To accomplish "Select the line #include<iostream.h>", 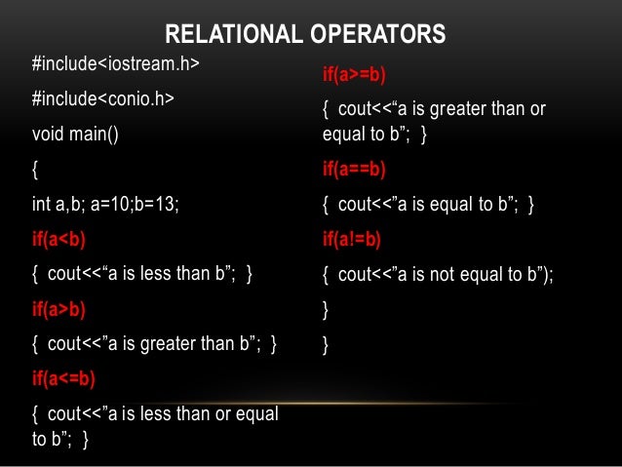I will tap(115, 64).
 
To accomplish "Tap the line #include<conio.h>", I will tap(103, 98).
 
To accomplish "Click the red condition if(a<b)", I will tap(58, 238).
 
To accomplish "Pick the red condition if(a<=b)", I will tap(63, 377).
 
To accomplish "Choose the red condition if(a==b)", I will tap(354, 170).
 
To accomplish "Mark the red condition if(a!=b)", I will tap(352, 240).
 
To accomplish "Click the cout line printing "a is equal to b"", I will tap(428, 205).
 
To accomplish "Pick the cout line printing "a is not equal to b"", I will tap(438, 275).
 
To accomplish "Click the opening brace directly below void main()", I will tap(36, 169).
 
